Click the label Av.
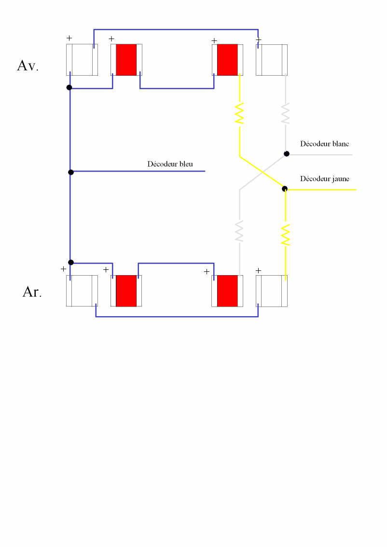[28, 66]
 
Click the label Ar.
[32, 292]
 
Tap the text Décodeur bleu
[170, 164]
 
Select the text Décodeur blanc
[324, 144]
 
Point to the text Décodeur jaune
[324, 179]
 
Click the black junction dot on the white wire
[286, 154]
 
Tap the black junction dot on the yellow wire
[285, 188]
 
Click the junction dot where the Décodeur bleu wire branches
[71, 172]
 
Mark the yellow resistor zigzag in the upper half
[239, 113]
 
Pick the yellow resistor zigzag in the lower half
[286, 235]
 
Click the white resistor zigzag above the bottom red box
[239, 231]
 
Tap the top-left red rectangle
[126, 60]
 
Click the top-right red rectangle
[227, 60]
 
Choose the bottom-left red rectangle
[126, 291]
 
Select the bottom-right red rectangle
[227, 291]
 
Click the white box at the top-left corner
[82, 60]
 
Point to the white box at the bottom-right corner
[272, 291]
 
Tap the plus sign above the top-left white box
[69, 38]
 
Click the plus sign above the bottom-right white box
[258, 270]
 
